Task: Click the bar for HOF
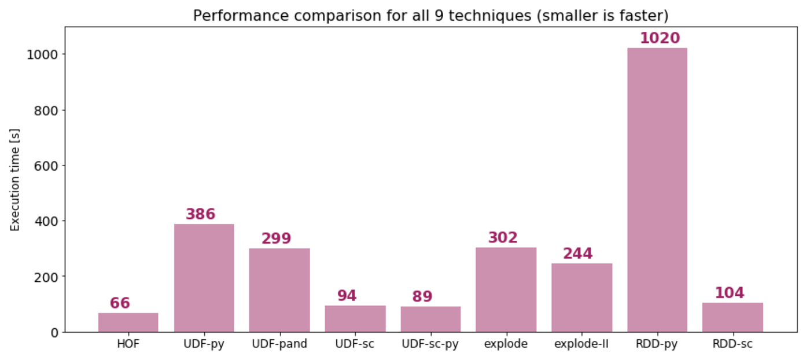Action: coord(128,322)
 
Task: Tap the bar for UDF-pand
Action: coord(279,290)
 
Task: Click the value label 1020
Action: coord(660,38)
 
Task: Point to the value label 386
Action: coord(200,214)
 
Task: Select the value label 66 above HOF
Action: coord(120,303)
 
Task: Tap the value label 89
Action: coord(422,297)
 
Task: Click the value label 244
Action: coord(577,254)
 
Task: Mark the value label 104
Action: coord(729,293)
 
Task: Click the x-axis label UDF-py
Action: coord(204,344)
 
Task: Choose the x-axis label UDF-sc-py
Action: coord(430,344)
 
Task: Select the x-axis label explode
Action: coord(506,344)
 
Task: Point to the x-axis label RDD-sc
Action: coord(732,344)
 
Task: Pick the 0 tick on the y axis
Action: coord(54,332)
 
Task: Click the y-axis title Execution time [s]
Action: coord(15,180)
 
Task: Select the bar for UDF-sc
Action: coord(355,318)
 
